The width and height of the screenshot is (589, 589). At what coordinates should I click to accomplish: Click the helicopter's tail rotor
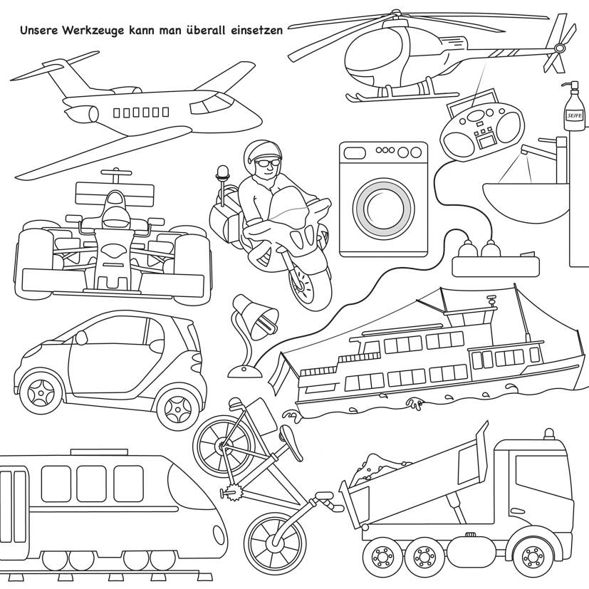[559, 46]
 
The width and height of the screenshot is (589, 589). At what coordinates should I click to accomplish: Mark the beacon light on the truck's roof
[548, 434]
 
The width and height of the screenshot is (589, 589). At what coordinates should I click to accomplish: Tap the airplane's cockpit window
[206, 106]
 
